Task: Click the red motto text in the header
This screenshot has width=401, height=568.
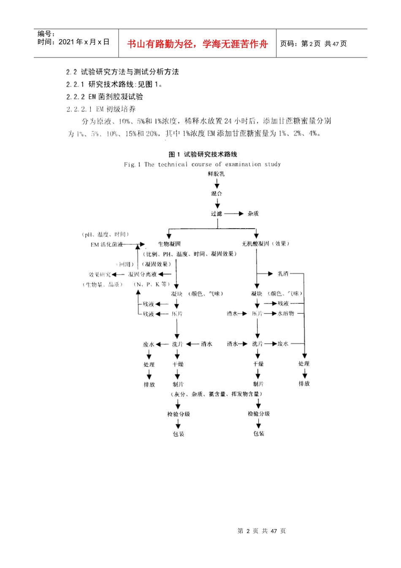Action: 197,44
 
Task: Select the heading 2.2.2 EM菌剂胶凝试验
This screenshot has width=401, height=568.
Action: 105,97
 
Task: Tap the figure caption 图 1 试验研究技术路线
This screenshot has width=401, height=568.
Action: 203,154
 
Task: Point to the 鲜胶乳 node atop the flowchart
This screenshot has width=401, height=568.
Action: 217,174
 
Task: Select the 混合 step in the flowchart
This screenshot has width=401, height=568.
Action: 217,194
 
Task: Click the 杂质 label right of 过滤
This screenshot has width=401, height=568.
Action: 253,214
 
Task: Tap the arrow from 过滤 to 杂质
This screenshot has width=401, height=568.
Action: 234,214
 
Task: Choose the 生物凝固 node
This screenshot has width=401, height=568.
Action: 169,244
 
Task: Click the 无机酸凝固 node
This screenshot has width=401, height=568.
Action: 255,244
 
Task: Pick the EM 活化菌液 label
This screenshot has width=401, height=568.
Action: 106,244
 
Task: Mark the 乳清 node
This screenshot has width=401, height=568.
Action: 283,274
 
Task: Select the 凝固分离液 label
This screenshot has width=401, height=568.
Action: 142,274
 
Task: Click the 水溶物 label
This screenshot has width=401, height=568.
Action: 286,314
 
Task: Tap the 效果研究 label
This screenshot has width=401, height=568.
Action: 100,274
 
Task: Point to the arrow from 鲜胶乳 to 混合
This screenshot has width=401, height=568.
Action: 217,183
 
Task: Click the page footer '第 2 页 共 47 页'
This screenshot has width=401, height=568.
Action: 262,531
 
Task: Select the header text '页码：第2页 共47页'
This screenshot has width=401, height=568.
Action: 313,44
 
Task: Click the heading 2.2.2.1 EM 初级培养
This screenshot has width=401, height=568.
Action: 101,109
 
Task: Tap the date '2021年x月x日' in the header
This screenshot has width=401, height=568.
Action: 84,42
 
